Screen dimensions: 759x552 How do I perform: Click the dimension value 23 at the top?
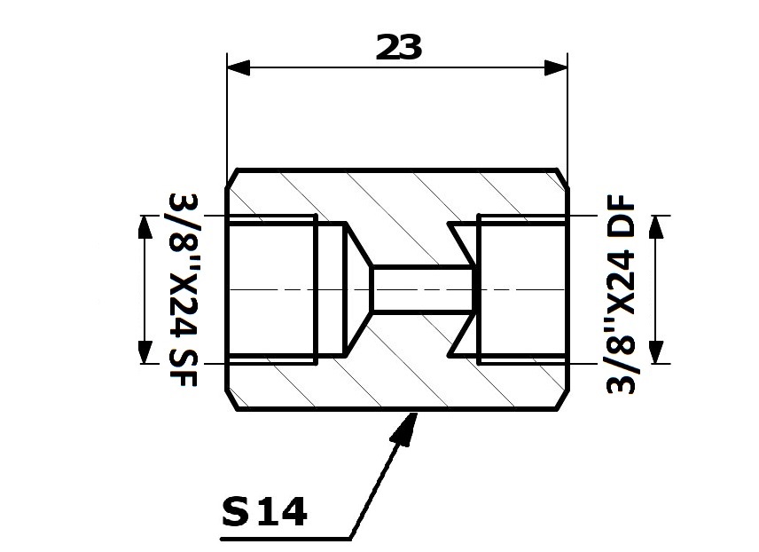(x=399, y=47)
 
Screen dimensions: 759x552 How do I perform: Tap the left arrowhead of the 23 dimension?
(x=239, y=67)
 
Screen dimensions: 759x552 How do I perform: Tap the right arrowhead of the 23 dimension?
(x=556, y=67)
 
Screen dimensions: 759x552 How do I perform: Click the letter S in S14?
(x=235, y=511)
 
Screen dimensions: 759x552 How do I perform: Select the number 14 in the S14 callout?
(x=282, y=511)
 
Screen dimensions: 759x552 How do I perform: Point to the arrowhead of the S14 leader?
(x=404, y=427)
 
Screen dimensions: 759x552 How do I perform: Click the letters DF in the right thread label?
(x=620, y=214)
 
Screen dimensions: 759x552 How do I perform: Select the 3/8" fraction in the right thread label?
(x=620, y=359)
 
